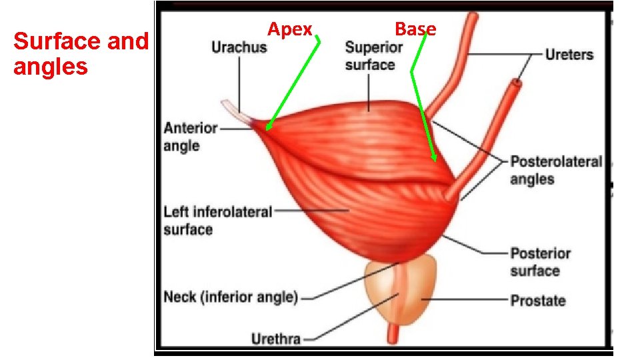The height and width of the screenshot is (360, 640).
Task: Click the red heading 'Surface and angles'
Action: [x=80, y=54]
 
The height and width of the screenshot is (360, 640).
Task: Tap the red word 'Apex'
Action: [x=290, y=29]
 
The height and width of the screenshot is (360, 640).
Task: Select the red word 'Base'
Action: [x=415, y=29]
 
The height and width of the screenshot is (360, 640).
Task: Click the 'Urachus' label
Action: [x=239, y=47]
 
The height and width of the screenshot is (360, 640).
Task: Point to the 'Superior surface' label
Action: [x=373, y=56]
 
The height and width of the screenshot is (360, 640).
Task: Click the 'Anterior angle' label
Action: [x=191, y=137]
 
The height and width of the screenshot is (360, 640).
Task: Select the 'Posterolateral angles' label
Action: [x=556, y=170]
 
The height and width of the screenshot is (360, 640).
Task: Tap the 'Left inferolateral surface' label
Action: [x=217, y=221]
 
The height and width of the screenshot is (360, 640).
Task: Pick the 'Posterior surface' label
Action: [x=540, y=262]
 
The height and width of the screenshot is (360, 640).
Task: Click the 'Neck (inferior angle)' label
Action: [x=231, y=297]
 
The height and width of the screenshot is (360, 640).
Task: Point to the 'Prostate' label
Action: [x=537, y=301]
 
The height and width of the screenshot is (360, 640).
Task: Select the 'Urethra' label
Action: [x=275, y=339]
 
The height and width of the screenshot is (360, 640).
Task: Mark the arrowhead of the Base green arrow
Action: [x=434, y=159]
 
